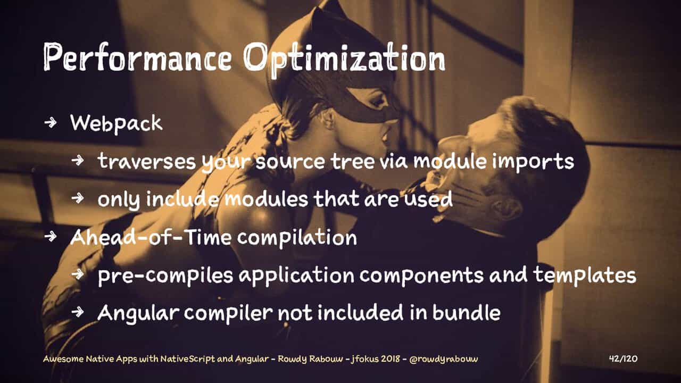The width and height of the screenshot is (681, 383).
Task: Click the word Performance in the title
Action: [137, 57]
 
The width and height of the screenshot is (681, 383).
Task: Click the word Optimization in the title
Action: [344, 59]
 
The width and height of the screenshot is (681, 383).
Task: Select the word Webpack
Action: [116, 124]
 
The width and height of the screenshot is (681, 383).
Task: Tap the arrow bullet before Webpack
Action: [51, 123]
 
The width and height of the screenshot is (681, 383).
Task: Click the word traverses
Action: [147, 161]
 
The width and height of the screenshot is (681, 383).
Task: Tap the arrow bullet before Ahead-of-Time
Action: [51, 237]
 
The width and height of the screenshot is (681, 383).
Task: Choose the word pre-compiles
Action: [165, 276]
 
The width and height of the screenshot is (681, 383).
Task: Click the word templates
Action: [585, 276]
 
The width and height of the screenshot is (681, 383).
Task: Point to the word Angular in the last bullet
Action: [138, 313]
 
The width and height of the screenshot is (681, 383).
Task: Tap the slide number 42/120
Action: [623, 359]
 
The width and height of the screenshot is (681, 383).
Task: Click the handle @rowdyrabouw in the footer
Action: [444, 359]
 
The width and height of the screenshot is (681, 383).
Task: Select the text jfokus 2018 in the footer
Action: [376, 359]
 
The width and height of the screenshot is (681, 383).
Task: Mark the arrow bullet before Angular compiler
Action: [78, 312]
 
